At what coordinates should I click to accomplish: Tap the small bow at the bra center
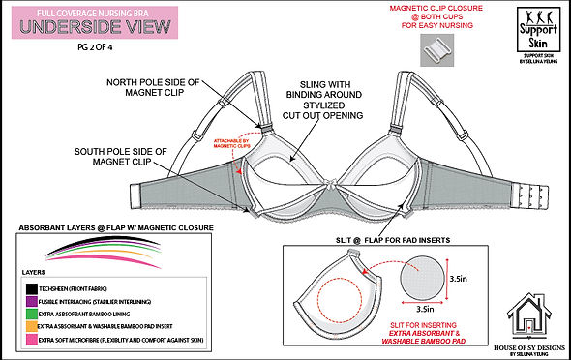coord(322,185)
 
